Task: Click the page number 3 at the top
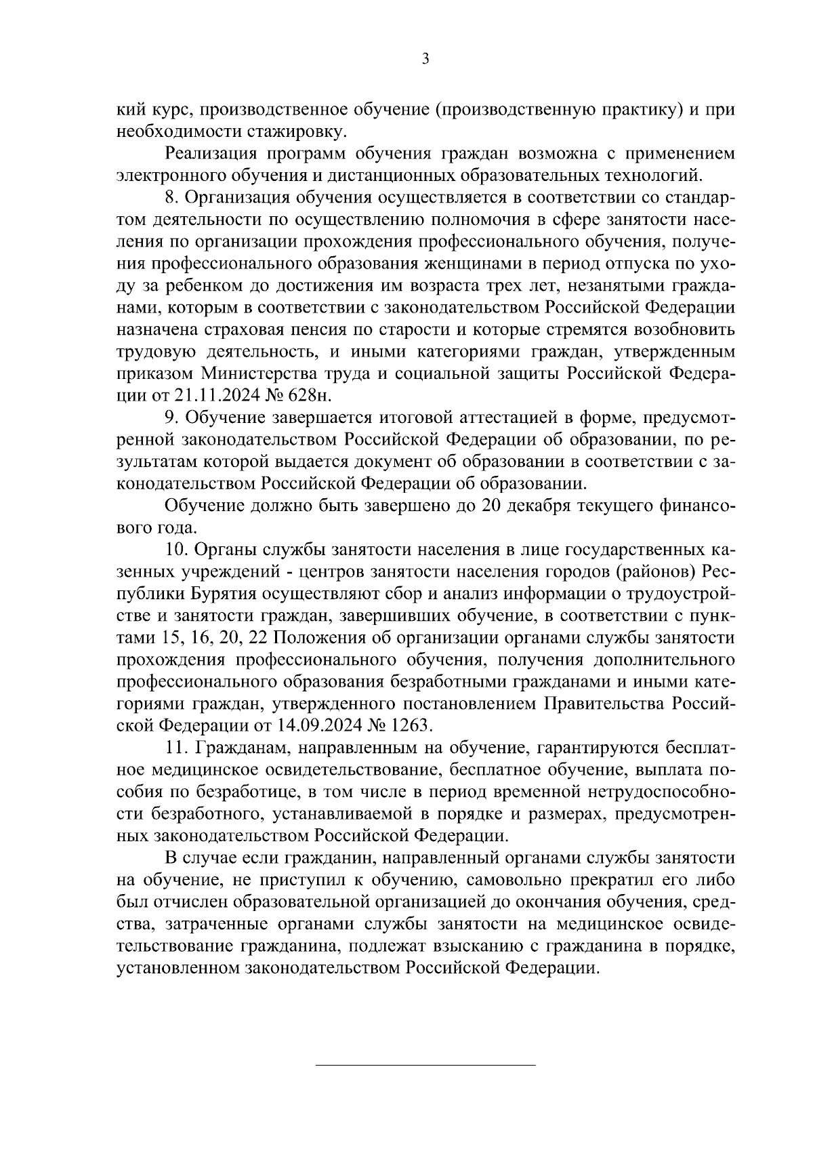pos(425,59)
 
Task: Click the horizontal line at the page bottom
pos(426,1065)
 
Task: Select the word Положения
pos(318,637)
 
